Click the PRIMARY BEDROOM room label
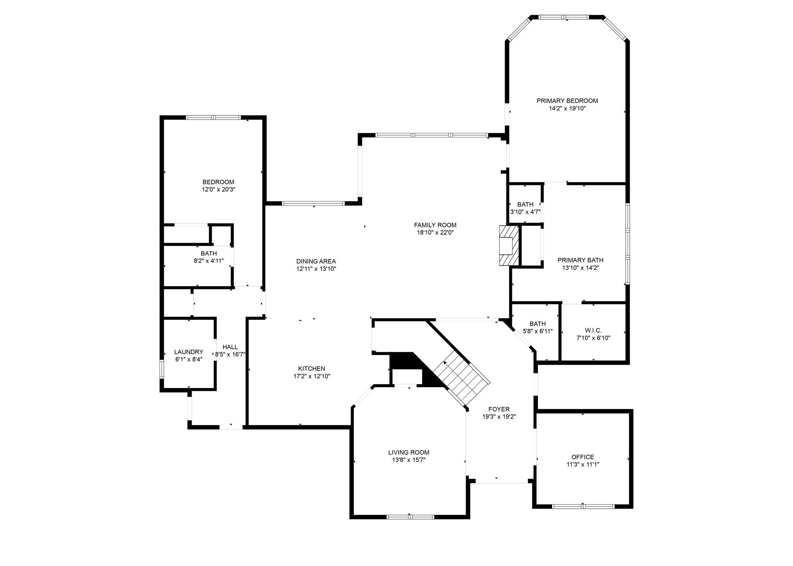(x=567, y=101)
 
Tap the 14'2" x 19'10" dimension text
(x=567, y=108)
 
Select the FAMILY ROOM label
(x=435, y=225)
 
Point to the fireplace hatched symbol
(x=508, y=245)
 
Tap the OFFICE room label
(x=582, y=457)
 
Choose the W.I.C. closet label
(x=593, y=330)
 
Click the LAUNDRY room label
(x=189, y=352)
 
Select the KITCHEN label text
(x=311, y=369)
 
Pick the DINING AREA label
(x=316, y=261)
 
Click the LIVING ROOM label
(x=409, y=452)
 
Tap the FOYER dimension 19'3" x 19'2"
(x=499, y=417)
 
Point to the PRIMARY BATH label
(x=580, y=260)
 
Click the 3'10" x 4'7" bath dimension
(x=525, y=212)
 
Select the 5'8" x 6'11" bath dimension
(x=537, y=331)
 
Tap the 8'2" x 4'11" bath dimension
(x=209, y=261)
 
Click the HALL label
(x=230, y=347)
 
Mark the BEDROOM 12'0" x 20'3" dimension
(x=218, y=190)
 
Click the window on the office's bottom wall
(x=583, y=506)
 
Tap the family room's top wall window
(x=432, y=135)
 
